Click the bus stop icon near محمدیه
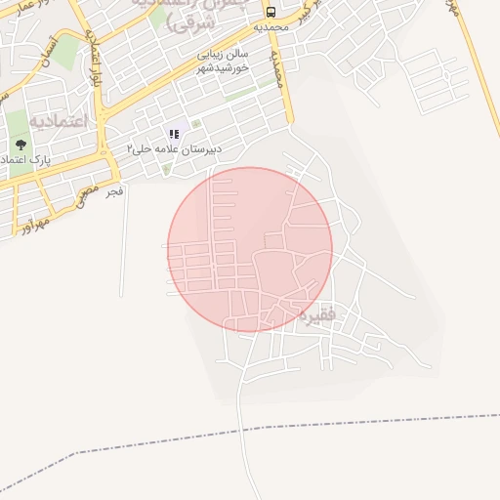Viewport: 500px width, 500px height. coord(271,13)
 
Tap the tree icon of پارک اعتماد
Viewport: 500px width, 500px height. coord(21,145)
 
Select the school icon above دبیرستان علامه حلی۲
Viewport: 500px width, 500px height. coord(174,134)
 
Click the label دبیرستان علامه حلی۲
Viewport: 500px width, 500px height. coord(175,148)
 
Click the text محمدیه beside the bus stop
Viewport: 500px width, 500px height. coord(272,28)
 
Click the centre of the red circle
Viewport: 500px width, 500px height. coord(250,249)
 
